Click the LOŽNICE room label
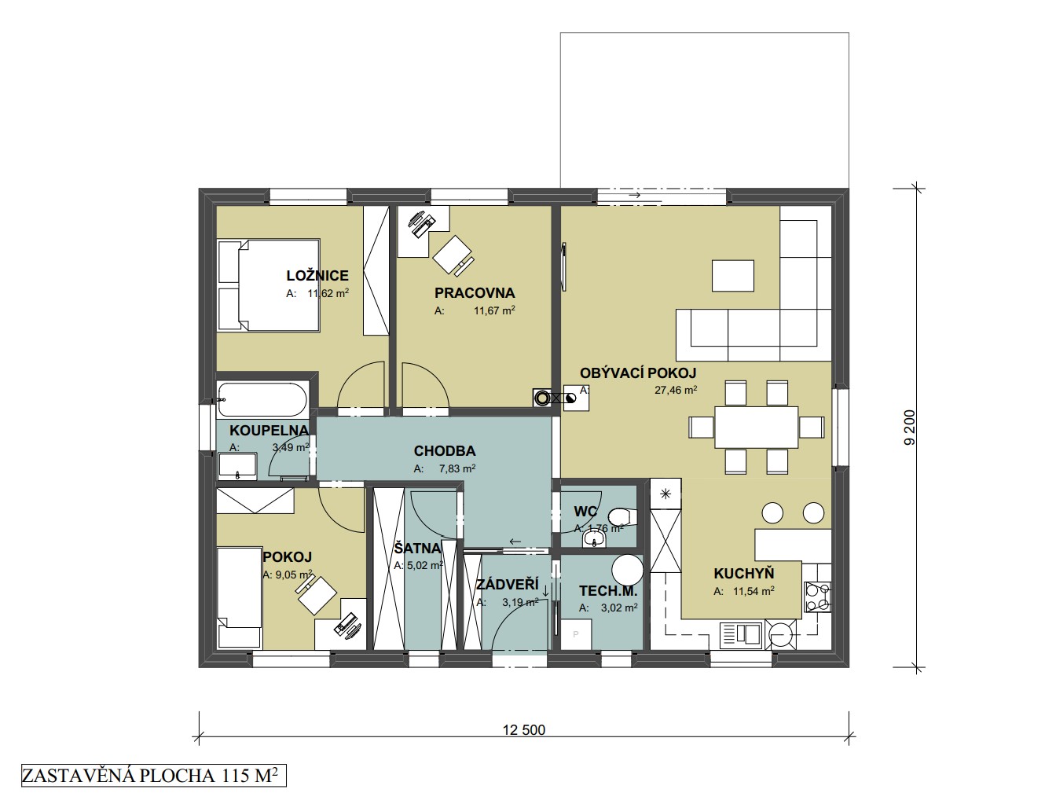tap(317, 276)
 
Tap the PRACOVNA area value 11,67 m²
tap(494, 310)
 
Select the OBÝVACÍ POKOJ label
tap(638, 373)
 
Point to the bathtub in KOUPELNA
tap(262, 399)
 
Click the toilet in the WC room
tap(623, 517)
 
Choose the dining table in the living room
tap(757, 427)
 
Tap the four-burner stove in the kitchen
tap(817, 597)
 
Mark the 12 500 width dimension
tap(524, 730)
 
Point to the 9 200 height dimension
tap(910, 428)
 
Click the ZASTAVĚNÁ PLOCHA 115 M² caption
tap(153, 776)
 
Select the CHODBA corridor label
tap(445, 450)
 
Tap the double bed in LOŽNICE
tap(269, 285)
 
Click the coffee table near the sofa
tap(733, 276)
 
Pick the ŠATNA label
tap(417, 549)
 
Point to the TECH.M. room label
tap(608, 590)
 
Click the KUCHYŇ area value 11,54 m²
tap(753, 591)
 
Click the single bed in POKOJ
tap(239, 599)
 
